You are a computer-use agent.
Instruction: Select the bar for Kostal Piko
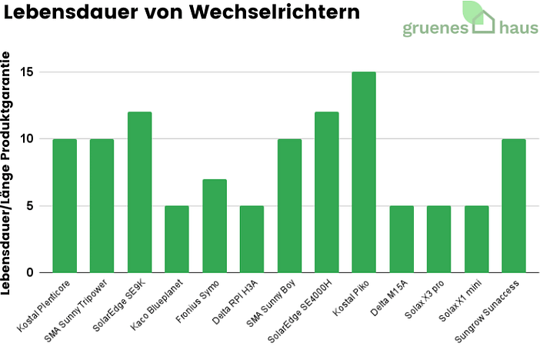[364, 172]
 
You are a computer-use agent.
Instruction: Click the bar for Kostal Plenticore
[65, 205]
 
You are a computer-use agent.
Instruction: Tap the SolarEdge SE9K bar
[139, 192]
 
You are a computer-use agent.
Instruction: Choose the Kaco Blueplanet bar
[177, 239]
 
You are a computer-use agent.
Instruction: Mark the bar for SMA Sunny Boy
[289, 205]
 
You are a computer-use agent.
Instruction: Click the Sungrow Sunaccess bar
[514, 205]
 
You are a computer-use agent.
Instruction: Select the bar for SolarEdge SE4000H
[327, 192]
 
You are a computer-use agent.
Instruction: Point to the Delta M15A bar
[402, 239]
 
